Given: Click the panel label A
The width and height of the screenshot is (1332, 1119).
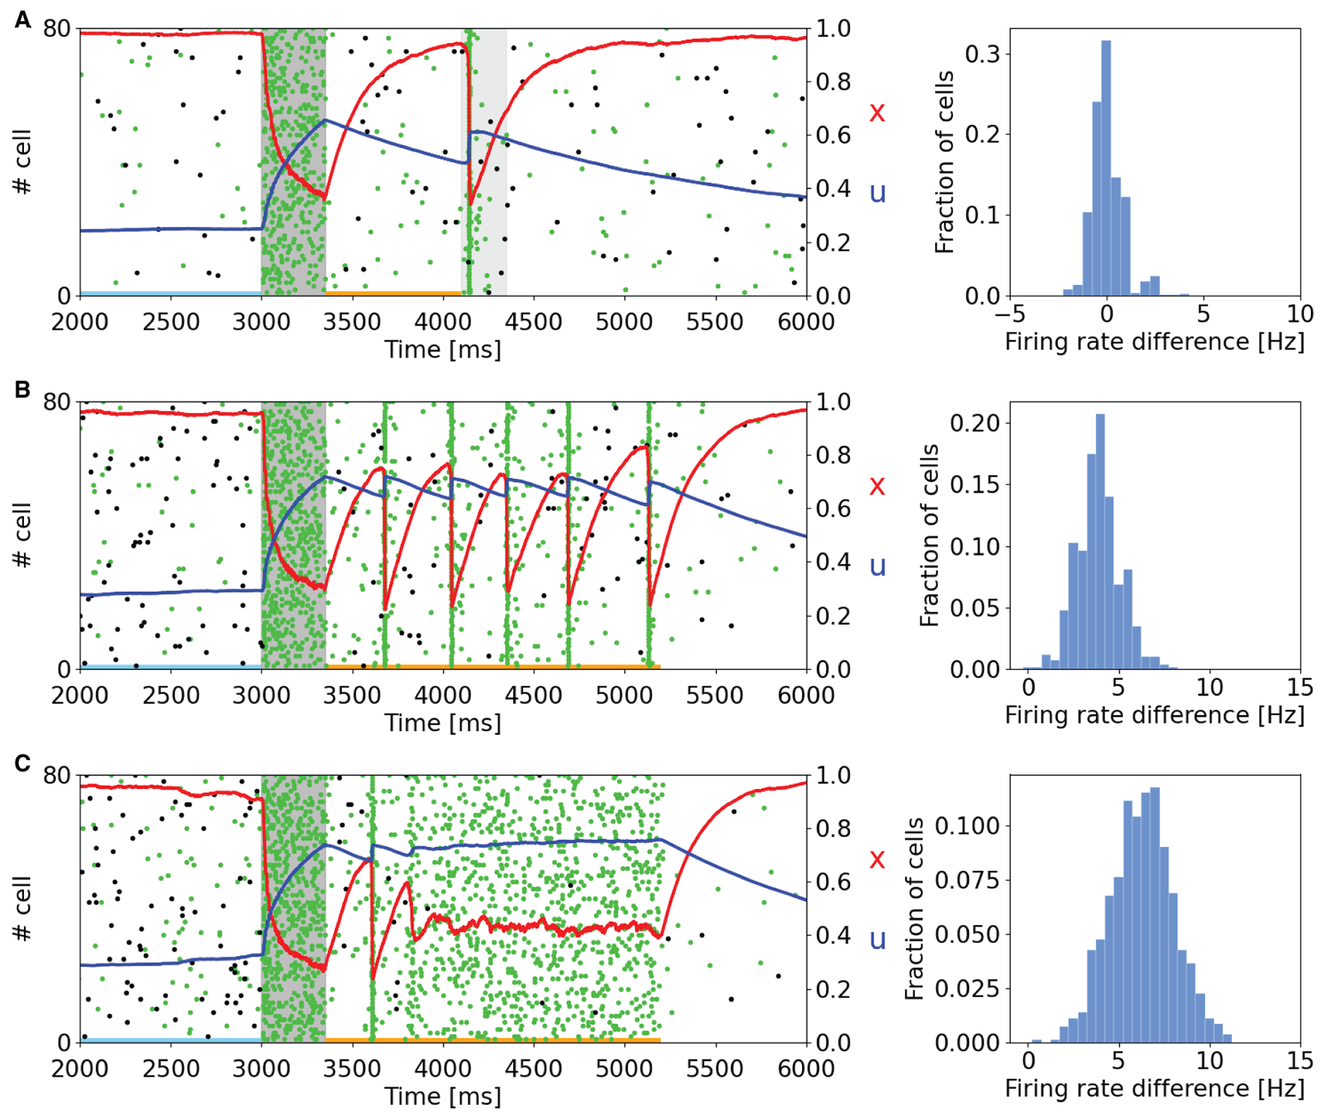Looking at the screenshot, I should point(23,19).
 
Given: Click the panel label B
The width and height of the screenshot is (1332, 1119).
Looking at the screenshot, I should point(23,390).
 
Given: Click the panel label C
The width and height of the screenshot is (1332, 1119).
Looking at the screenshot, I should point(23,763).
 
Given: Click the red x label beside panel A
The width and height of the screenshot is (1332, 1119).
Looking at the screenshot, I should point(876,113).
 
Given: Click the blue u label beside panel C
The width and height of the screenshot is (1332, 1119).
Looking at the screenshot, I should point(876,940).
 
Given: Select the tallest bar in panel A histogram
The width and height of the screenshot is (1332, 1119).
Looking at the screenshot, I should point(1106,167).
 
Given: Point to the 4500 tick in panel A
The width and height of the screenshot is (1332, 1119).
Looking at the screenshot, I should point(533,322).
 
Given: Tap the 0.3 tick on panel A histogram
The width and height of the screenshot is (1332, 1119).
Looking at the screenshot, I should point(982,54).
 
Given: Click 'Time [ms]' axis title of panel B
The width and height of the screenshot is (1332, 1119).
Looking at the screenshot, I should point(443,723).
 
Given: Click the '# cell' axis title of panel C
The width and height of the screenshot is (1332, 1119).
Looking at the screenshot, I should point(23,908).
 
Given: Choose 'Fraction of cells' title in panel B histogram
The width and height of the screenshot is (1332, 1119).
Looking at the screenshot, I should point(930,535).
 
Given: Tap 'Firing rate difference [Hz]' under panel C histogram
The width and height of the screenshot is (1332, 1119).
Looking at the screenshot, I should point(1155,1088).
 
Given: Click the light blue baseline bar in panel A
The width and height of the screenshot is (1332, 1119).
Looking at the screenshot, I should point(171,293).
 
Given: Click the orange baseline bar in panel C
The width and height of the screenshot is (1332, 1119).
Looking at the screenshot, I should point(492,1040).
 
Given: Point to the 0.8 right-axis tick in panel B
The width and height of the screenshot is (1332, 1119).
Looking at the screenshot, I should point(833,455).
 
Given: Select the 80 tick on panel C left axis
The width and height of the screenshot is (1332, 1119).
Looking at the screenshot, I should point(56,775).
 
